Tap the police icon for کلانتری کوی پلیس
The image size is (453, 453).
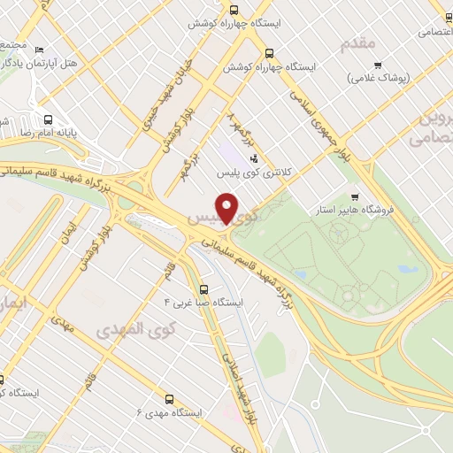click(255, 158)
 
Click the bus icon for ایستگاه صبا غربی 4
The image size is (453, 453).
click(204, 288)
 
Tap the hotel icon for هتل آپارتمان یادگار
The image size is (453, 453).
click(40, 50)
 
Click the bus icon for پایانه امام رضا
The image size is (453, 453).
click(47, 119)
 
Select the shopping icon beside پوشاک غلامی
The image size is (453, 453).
click(378, 65)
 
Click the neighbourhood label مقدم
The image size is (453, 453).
click(357, 42)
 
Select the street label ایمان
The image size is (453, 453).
click(63, 232)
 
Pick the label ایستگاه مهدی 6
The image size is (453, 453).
click(169, 413)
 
